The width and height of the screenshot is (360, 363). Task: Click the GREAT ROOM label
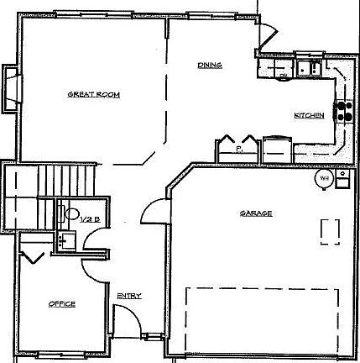pyautogui.click(x=94, y=95)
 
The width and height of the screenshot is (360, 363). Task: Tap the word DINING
pyautogui.click(x=210, y=65)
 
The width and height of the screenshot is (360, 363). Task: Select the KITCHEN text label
pyautogui.click(x=308, y=114)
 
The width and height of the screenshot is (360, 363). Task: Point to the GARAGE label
pyautogui.click(x=256, y=213)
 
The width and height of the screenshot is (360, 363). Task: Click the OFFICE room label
pyautogui.click(x=61, y=303)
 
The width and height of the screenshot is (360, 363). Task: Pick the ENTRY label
pyautogui.click(x=129, y=295)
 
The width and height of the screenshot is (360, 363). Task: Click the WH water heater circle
pyautogui.click(x=322, y=178)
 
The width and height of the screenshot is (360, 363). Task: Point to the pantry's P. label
pyautogui.click(x=238, y=148)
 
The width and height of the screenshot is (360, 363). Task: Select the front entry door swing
pyautogui.click(x=123, y=319)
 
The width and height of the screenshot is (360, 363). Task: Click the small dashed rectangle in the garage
pyautogui.click(x=331, y=230)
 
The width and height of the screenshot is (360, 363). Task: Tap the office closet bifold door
pyautogui.click(x=32, y=254)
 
